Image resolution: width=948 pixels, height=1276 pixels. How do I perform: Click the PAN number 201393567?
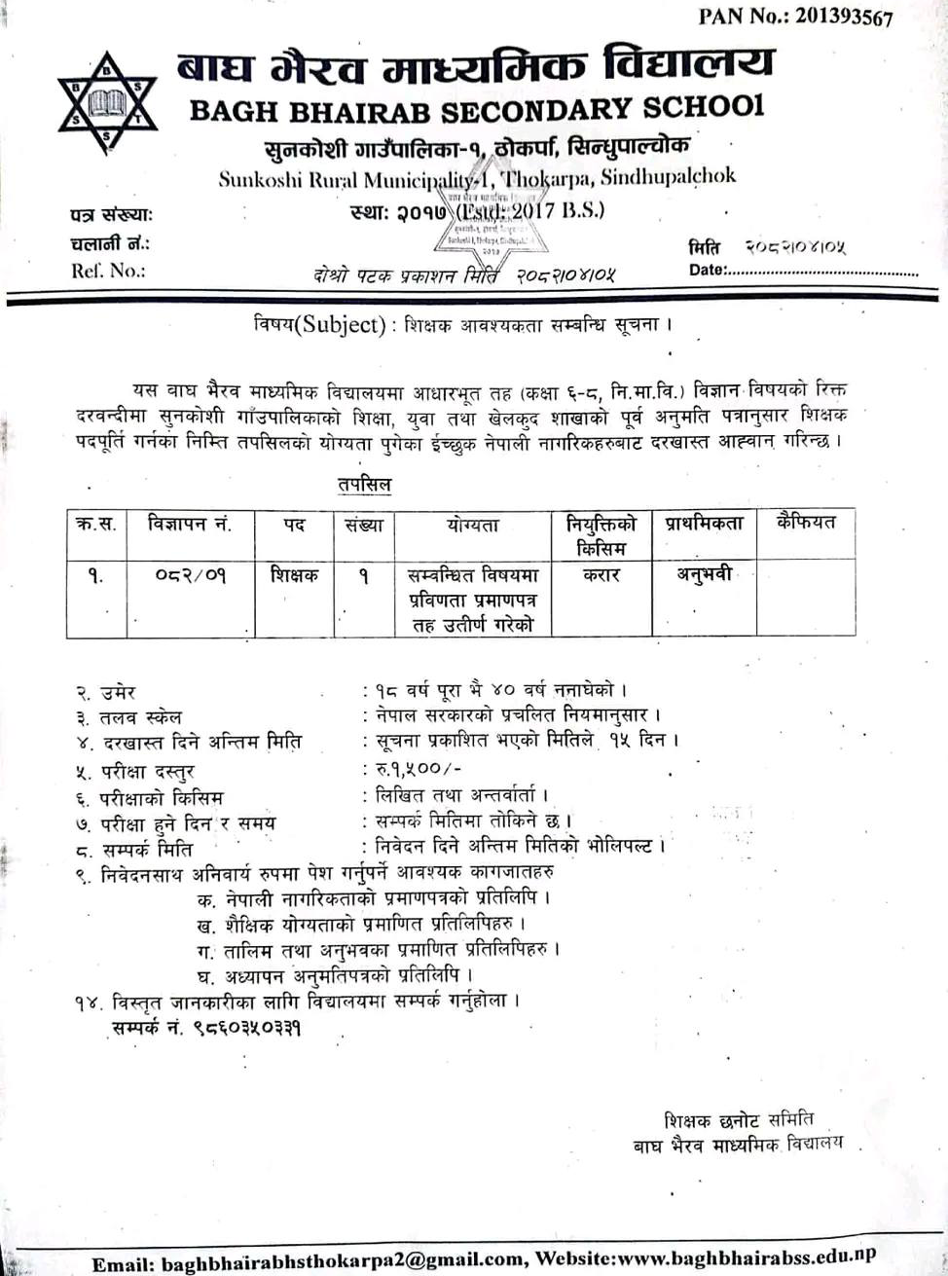(829, 17)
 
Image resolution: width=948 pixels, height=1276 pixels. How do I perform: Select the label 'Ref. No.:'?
(107, 271)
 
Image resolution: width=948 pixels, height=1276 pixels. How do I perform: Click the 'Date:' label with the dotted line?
(707, 270)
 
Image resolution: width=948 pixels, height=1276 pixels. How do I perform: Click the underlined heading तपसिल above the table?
(364, 484)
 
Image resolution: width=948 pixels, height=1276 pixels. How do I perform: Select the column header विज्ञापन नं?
(190, 525)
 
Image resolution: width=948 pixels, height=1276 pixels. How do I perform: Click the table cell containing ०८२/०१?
(190, 575)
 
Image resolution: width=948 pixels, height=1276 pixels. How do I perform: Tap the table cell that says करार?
(602, 575)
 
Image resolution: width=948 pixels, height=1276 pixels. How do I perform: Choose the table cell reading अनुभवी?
(704, 574)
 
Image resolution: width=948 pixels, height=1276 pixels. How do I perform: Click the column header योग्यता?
(473, 526)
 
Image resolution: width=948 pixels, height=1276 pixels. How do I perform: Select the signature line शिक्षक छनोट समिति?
(739, 1119)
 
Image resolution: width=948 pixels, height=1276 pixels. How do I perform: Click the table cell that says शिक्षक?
(294, 575)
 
